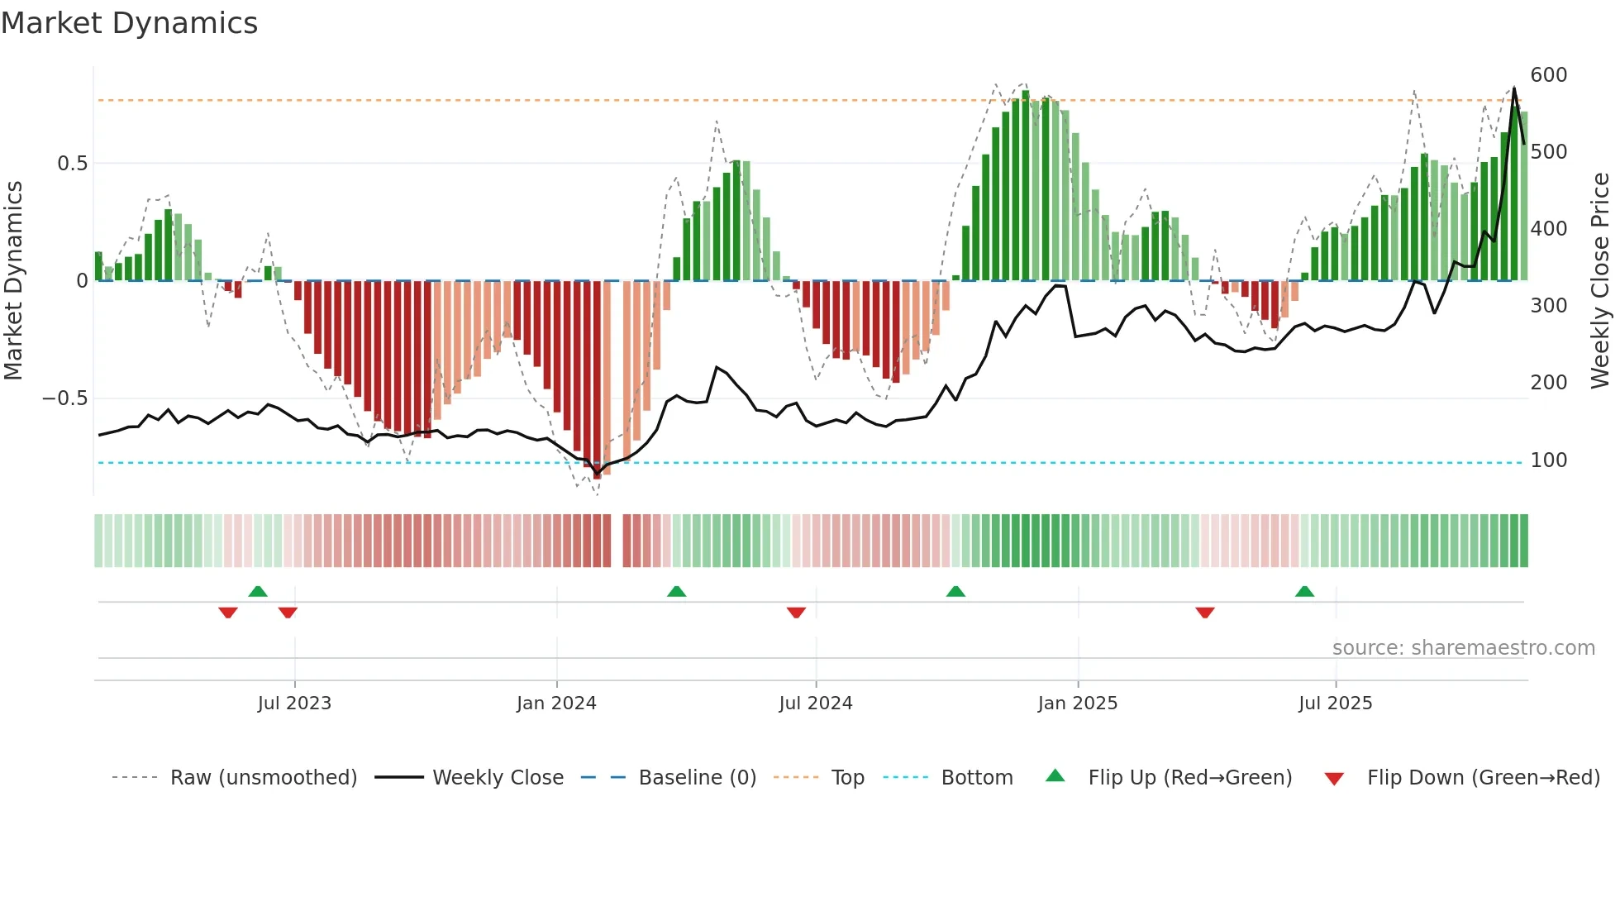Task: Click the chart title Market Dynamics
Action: coord(130,23)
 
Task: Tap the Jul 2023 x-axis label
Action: coord(294,703)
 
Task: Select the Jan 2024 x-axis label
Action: coord(556,703)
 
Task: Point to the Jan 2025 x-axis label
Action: coord(1078,703)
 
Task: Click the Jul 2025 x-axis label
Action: coord(1335,703)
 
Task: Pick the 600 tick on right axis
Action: coord(1548,75)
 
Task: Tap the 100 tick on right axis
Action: coord(1548,460)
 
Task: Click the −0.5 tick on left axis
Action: coord(64,398)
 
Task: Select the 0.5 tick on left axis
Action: coord(72,164)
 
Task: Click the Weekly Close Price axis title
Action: coord(1600,281)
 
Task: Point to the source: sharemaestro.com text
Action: coord(1463,648)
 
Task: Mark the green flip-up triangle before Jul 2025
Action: coord(1304,591)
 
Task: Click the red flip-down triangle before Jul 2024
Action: coord(796,613)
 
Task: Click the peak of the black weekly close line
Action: coord(1514,88)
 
